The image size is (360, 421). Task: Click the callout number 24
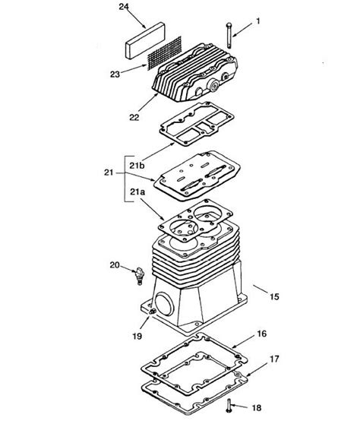click(124, 7)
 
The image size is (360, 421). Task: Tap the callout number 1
click(258, 21)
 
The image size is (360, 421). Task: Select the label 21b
click(137, 166)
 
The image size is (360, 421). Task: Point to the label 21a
click(137, 192)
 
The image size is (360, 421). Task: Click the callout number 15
click(274, 296)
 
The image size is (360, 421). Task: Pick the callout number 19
click(137, 336)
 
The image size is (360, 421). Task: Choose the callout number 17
click(274, 359)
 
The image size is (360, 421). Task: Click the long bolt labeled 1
click(229, 36)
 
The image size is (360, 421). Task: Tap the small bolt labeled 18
click(229, 406)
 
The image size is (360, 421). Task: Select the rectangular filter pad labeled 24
click(145, 40)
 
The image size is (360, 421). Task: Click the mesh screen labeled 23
click(165, 53)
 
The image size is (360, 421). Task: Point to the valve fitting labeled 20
click(140, 276)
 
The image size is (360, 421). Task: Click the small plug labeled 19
click(153, 311)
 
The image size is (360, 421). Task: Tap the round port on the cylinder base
click(164, 304)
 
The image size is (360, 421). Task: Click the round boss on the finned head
click(214, 86)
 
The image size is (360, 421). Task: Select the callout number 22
click(134, 117)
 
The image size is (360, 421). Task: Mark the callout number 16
click(262, 334)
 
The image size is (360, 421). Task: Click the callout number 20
click(115, 265)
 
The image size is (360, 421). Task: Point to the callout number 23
click(115, 74)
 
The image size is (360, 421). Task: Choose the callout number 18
click(257, 408)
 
